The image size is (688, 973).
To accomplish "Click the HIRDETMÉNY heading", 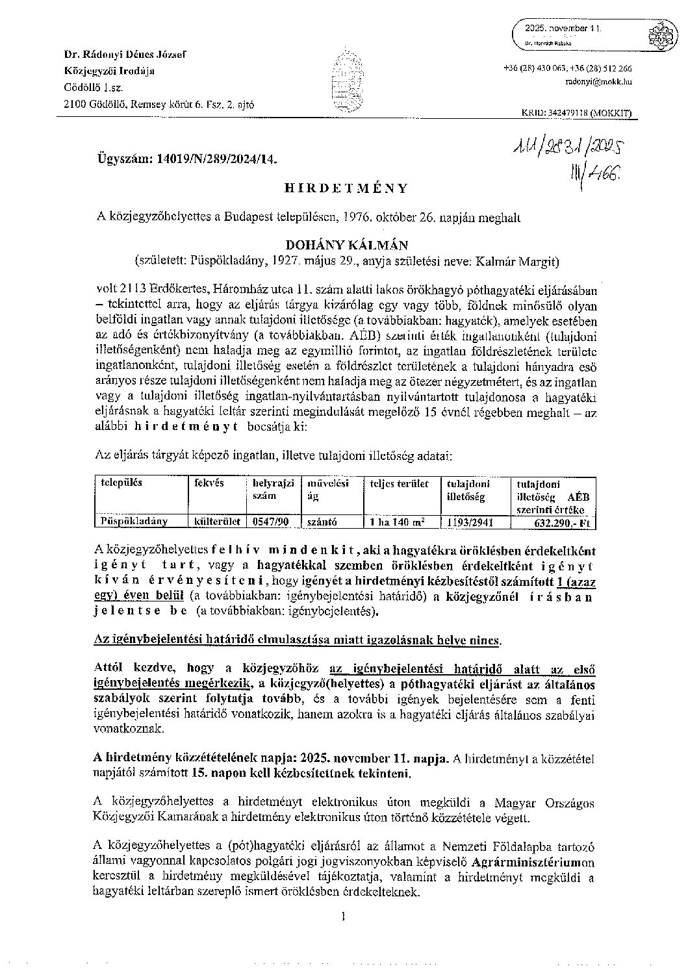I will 346,188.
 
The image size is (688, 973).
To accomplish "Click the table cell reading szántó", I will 321,521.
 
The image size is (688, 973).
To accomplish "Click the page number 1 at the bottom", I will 342,917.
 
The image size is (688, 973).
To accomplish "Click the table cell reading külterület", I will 216,520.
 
